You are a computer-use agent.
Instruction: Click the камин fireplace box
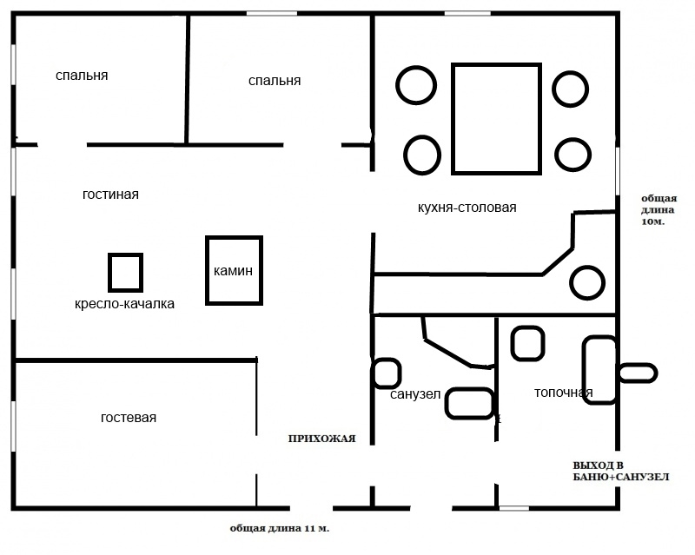click(x=234, y=239)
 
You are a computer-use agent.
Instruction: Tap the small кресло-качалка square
click(x=125, y=255)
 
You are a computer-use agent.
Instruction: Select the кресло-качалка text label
click(x=124, y=304)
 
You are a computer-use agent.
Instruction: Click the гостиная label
click(x=110, y=195)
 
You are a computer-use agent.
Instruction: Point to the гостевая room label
click(x=129, y=418)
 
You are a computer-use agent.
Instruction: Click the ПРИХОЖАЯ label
click(x=321, y=439)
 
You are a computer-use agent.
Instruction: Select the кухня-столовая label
click(x=467, y=208)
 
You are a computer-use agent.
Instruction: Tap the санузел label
click(x=415, y=394)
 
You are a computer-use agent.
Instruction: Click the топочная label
click(x=563, y=393)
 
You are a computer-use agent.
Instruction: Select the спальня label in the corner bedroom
click(x=82, y=76)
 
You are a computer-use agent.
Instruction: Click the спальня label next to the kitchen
click(x=275, y=81)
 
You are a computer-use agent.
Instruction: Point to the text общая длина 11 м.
click(x=280, y=528)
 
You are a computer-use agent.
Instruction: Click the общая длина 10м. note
click(x=659, y=209)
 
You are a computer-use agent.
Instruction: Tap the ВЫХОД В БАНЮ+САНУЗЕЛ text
click(x=621, y=472)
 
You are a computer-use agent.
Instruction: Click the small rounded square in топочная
click(x=528, y=328)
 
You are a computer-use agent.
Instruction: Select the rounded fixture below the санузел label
click(x=470, y=390)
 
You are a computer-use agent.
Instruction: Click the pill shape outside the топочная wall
click(x=638, y=366)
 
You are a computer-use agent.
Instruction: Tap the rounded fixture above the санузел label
click(x=387, y=360)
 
